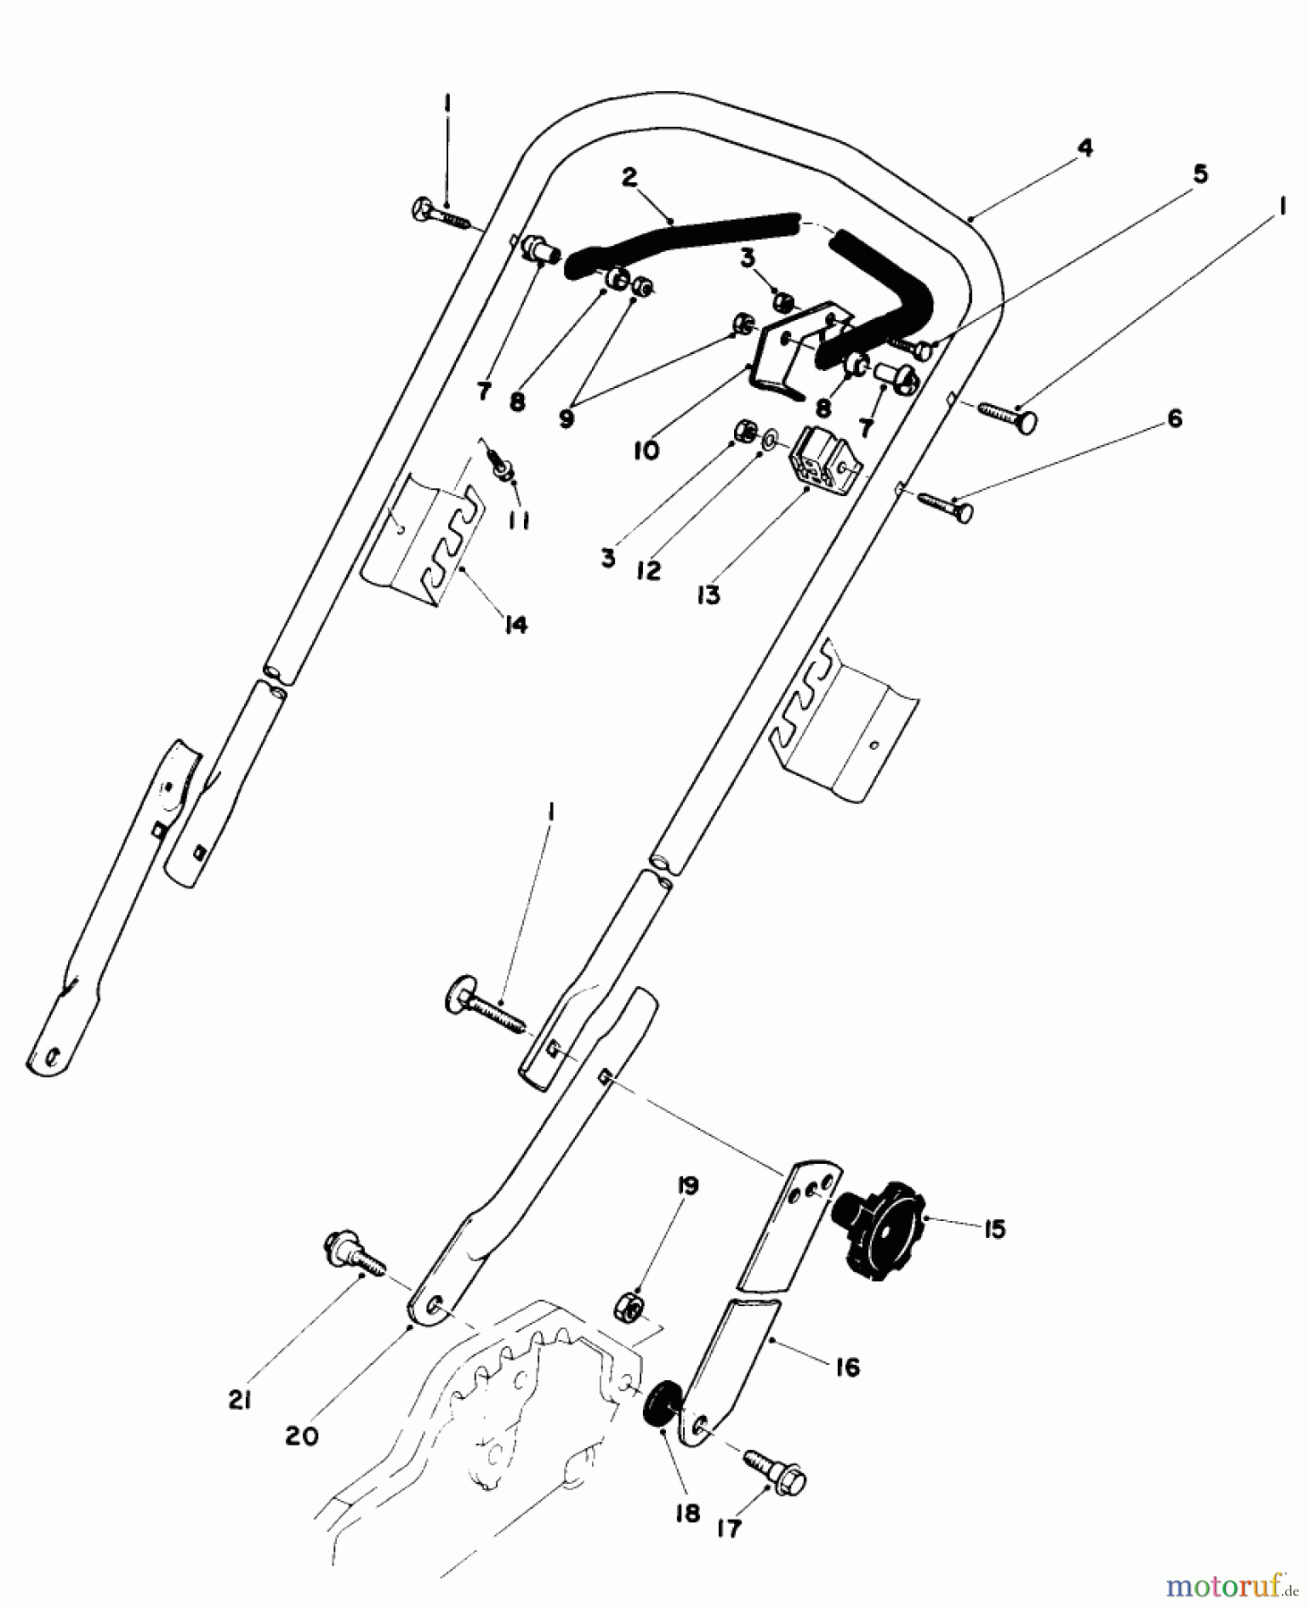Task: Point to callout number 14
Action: [x=515, y=624]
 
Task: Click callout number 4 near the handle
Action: [x=1084, y=147]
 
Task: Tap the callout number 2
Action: [x=629, y=177]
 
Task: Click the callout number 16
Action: [x=847, y=1367]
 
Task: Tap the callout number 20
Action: [x=302, y=1436]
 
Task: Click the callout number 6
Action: [x=1174, y=418]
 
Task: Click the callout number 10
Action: [x=646, y=451]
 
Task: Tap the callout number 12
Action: [x=648, y=570]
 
